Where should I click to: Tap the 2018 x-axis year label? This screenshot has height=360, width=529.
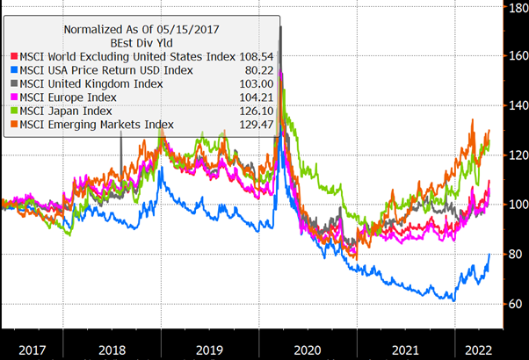click(x=112, y=349)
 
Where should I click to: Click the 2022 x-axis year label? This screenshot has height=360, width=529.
click(x=473, y=349)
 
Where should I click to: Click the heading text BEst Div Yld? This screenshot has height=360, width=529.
click(x=141, y=41)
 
